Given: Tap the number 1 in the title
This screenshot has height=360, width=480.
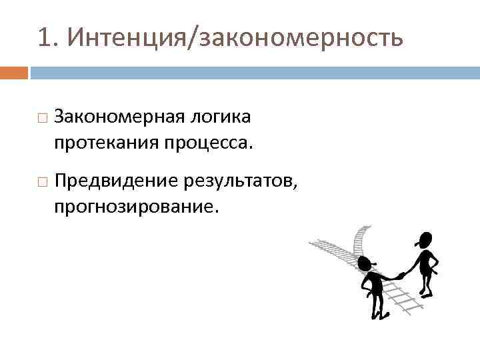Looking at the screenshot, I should pyautogui.click(x=45, y=38).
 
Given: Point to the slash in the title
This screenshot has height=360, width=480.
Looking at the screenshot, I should pyautogui.click(x=195, y=38).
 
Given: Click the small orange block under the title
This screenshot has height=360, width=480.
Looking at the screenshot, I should pyautogui.click(x=14, y=72).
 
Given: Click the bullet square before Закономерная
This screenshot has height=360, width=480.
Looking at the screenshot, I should pyautogui.click(x=42, y=118).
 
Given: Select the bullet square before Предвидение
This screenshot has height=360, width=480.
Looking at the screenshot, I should pyautogui.click(x=42, y=179).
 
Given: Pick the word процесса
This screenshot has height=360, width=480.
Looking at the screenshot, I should pyautogui.click(x=213, y=143).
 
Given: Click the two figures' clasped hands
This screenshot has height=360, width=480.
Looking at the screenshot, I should pyautogui.click(x=401, y=274).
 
